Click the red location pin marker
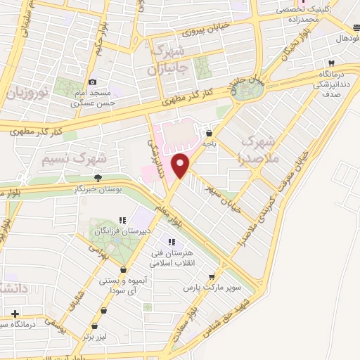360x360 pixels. [181, 165]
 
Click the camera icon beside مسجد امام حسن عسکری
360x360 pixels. [92, 82]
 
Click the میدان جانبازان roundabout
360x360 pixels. [247, 88]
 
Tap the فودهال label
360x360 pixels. [347, 38]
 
